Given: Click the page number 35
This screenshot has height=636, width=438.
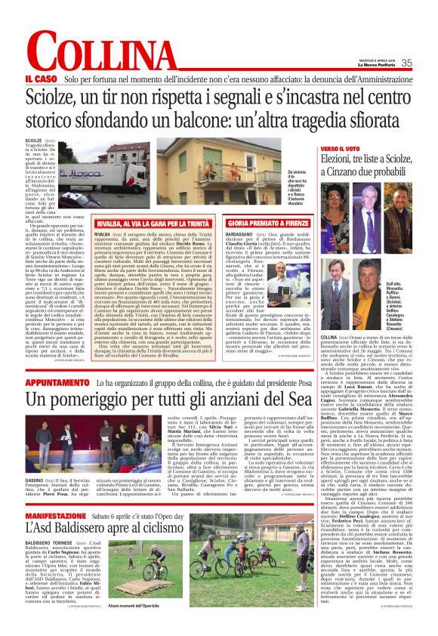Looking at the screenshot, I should (406, 63).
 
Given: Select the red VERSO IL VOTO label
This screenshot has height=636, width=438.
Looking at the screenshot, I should (344, 148).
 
